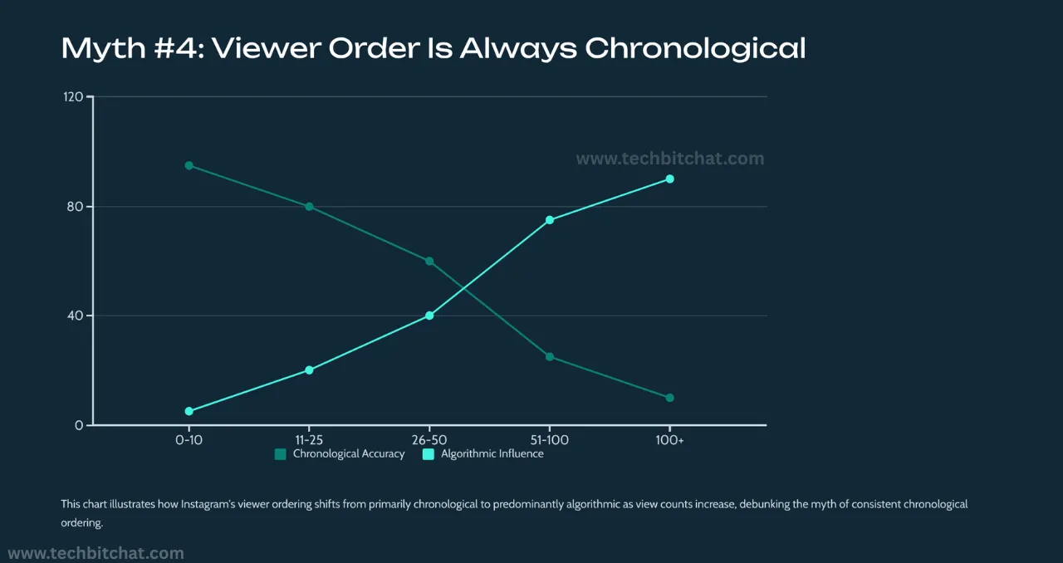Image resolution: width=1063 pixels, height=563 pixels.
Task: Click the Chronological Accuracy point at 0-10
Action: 189,165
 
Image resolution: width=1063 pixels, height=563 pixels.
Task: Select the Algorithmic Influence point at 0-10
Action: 189,411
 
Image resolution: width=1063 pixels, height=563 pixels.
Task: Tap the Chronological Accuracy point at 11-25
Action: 309,207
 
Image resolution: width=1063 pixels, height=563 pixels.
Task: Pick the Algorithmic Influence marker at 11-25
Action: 309,370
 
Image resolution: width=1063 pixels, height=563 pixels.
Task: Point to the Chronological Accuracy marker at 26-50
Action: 429,261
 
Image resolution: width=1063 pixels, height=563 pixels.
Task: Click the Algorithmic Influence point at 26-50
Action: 429,316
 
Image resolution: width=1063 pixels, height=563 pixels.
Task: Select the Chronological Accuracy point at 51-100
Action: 550,357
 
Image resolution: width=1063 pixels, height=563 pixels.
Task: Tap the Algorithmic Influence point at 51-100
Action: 550,220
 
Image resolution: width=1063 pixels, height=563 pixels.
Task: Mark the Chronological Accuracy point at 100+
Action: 670,398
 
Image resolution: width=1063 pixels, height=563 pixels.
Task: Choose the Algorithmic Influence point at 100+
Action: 670,179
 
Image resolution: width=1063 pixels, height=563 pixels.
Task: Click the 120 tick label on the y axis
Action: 73,97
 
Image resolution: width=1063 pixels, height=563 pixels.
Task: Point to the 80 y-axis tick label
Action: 76,207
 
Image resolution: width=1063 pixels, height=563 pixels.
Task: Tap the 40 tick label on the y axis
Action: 76,316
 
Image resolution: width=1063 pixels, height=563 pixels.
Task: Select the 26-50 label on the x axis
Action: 429,439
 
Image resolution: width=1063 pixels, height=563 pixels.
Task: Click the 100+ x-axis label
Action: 670,439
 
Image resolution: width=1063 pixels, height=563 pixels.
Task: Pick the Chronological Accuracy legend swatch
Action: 280,454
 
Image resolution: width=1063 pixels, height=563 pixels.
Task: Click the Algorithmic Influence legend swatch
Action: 429,454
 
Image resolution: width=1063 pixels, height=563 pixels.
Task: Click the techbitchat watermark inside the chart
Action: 669,159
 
